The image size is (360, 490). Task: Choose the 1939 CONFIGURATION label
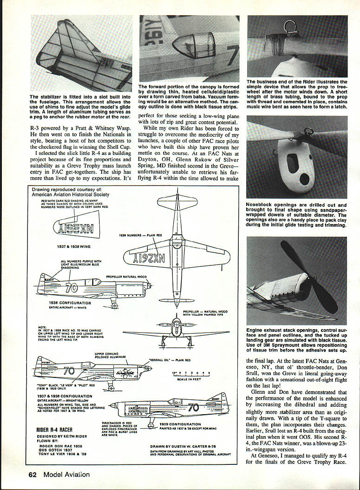[x=180, y=424]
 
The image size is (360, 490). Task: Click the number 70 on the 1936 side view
[x=71, y=288]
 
